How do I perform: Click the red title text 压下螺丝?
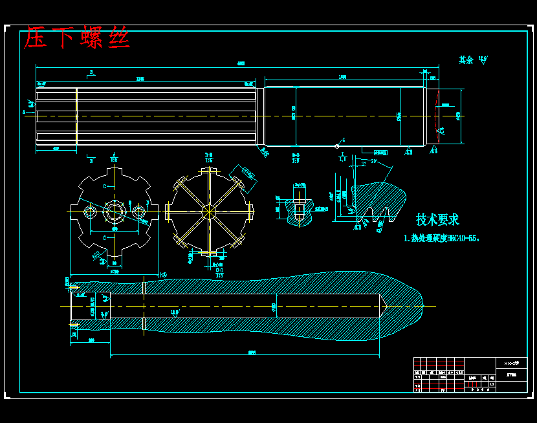(x=77, y=38)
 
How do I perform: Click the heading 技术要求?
(x=437, y=219)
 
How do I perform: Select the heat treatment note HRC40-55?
(x=442, y=238)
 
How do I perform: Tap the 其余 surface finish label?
(x=466, y=60)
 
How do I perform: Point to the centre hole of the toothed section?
(x=115, y=211)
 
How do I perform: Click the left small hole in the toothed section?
(x=91, y=211)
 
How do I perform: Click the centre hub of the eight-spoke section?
(x=208, y=211)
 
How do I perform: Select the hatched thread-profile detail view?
(x=375, y=197)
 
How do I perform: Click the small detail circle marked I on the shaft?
(x=338, y=146)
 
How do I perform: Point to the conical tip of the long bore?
(x=383, y=305)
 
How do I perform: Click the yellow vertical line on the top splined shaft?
(x=77, y=116)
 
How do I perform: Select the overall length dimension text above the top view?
(x=241, y=63)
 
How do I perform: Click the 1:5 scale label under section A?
(x=114, y=159)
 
